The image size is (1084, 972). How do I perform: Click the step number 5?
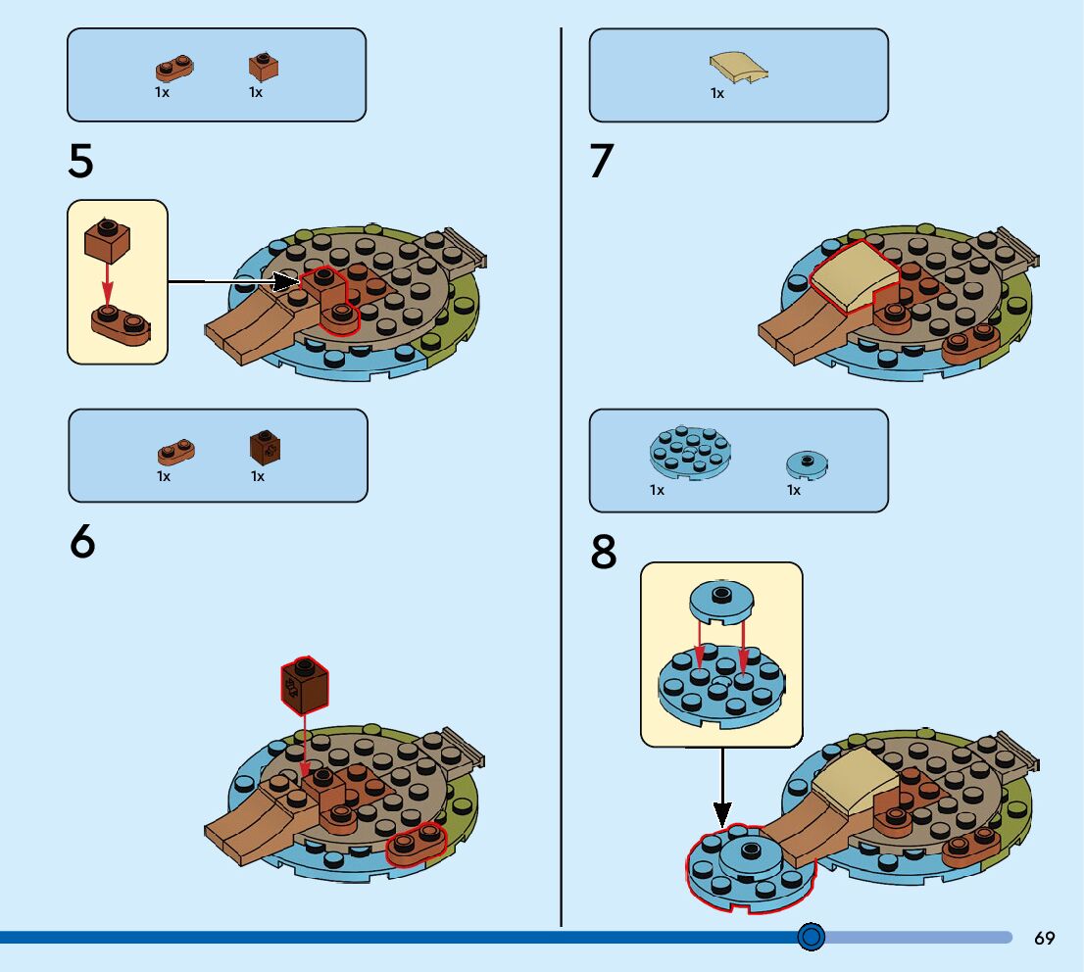(80, 162)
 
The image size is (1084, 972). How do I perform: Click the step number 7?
(602, 162)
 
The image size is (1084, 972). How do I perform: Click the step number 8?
(604, 554)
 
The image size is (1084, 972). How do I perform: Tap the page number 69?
(1045, 938)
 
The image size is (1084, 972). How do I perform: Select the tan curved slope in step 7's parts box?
(738, 68)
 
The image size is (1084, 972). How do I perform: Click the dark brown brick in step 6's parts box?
(267, 447)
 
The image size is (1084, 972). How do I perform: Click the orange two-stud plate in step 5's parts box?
(174, 68)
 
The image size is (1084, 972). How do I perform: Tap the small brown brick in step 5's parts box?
(263, 67)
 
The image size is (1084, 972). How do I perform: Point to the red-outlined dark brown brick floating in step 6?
(305, 684)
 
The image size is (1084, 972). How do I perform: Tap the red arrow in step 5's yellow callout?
(108, 284)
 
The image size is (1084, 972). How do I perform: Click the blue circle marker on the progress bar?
(811, 938)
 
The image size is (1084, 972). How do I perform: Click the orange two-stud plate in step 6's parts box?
(176, 451)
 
